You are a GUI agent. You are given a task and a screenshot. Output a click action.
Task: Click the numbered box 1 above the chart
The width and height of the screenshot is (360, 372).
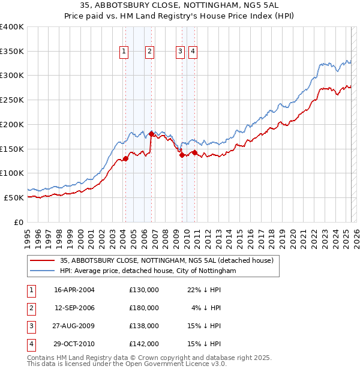click(124, 52)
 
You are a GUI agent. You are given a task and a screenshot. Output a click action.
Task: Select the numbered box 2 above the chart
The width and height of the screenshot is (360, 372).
click(149, 52)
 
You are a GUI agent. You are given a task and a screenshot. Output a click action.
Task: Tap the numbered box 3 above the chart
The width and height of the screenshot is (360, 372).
click(180, 52)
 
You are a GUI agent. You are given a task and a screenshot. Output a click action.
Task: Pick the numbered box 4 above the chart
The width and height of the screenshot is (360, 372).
click(193, 52)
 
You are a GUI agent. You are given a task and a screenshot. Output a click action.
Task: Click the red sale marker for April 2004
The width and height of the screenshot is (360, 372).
click(126, 158)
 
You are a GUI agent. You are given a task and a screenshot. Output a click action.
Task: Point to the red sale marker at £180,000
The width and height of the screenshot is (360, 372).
click(151, 134)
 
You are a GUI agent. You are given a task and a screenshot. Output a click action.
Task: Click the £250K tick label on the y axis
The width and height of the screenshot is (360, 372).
click(12, 100)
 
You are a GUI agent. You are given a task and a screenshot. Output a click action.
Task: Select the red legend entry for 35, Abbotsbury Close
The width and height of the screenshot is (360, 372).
click(166, 260)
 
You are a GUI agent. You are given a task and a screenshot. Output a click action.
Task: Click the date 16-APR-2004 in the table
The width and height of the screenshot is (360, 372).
click(74, 290)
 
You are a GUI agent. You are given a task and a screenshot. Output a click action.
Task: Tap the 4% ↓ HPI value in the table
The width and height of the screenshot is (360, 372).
click(206, 308)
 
